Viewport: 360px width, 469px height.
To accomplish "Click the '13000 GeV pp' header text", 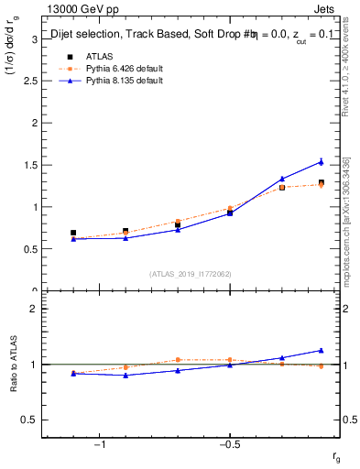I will coord(80,9).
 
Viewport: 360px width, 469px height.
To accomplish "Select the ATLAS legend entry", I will coord(87,56).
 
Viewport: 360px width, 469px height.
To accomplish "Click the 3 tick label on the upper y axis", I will coord(34,38).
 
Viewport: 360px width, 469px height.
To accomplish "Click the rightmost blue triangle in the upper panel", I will coord(321,162).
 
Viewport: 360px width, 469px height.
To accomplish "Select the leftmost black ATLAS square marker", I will coord(73,233).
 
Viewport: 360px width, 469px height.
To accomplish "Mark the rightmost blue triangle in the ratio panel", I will coord(321,350).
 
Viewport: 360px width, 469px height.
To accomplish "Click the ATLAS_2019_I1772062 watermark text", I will coord(191,274).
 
